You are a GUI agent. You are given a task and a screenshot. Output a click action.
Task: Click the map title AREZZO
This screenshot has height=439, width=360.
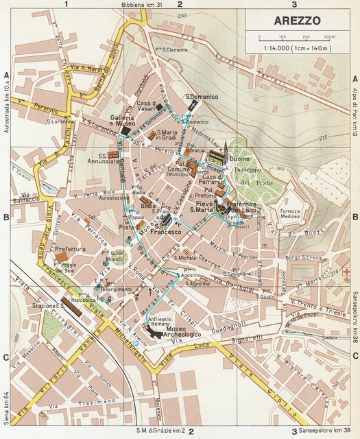[296, 21]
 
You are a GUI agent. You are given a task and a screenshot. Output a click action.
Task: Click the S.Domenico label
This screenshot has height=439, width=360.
[202, 97]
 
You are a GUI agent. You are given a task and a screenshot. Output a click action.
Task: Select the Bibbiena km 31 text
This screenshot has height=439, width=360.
[143, 5]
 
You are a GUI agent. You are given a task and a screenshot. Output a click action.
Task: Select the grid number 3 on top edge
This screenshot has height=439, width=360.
[294, 5]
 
